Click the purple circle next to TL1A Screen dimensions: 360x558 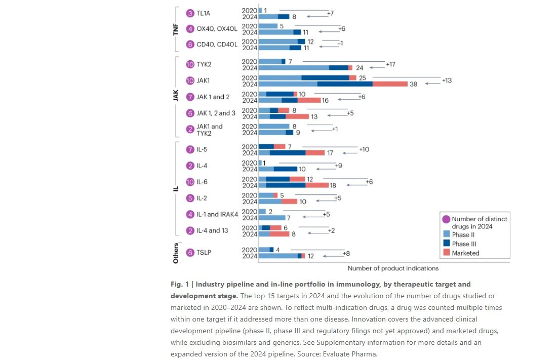coord(190,14)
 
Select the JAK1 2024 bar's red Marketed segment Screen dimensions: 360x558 coord(390,84)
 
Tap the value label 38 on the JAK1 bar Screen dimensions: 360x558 coord(413,85)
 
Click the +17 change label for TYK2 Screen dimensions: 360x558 coord(390,64)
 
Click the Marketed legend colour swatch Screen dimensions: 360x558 coord(446,253)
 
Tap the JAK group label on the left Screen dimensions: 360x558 coord(176,96)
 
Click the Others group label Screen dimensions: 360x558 coord(176,252)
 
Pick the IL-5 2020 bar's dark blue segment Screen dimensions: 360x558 coord(266,147)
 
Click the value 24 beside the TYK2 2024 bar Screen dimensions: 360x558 coord(360,68)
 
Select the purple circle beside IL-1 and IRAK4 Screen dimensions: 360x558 coord(190,214)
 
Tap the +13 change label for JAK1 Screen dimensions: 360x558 coord(447,81)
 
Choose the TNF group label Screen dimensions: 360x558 coord(176,29)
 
